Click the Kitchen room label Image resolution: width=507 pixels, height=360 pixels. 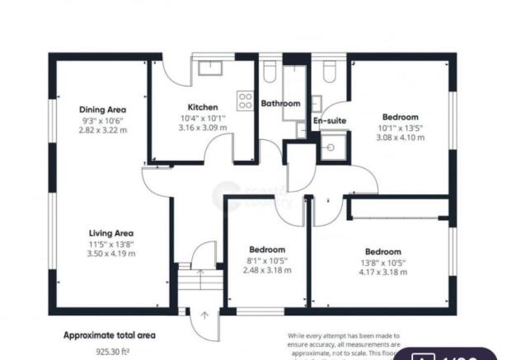coord(202,107)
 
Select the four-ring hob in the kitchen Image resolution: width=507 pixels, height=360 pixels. coord(245,101)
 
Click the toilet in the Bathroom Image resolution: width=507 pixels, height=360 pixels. coord(270,72)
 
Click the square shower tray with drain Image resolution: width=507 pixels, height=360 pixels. coord(333,148)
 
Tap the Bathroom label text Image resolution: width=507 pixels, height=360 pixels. coord(280,104)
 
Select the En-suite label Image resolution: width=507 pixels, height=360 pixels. coord(330,121)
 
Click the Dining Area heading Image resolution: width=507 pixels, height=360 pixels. coord(102,109)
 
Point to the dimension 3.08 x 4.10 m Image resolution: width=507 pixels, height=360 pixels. coord(400,138)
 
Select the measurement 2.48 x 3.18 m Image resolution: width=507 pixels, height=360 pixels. coord(267,271)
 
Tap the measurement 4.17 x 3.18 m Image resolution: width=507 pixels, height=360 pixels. coord(383,272)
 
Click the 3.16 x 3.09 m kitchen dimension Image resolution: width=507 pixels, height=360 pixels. coord(202,128)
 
